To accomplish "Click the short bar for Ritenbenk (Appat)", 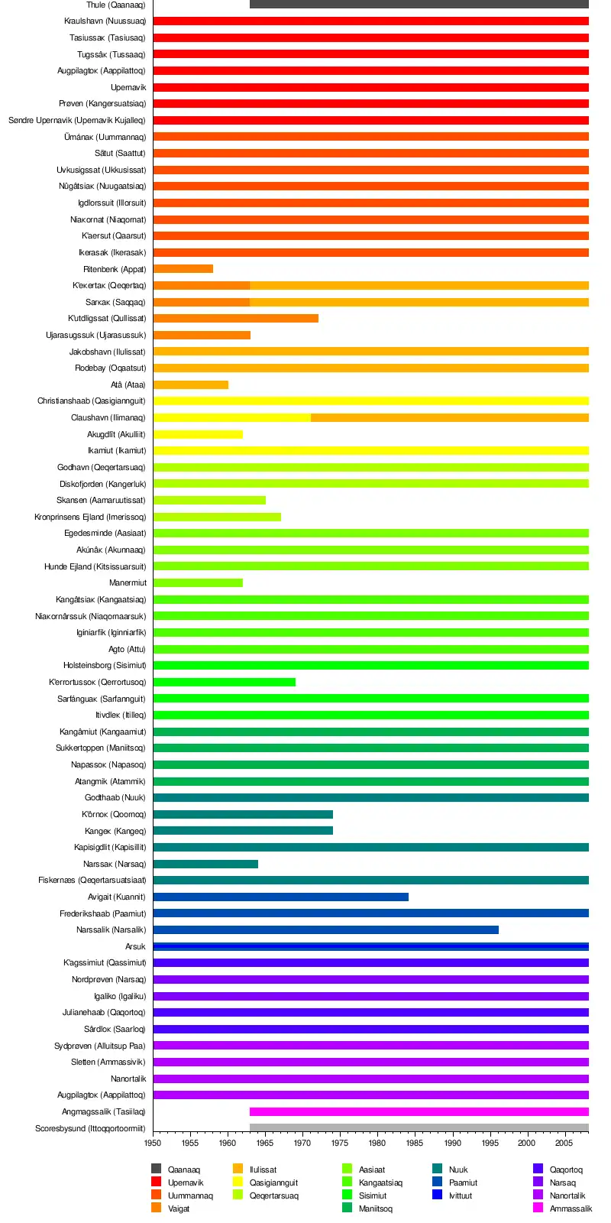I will (x=183, y=269).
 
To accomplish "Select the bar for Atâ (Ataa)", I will (x=191, y=384).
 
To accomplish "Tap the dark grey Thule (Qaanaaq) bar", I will (x=419, y=5).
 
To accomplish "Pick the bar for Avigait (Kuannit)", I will (x=280, y=897).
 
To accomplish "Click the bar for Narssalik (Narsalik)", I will (x=325, y=929).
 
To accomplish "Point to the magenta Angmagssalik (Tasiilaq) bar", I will (x=419, y=1111).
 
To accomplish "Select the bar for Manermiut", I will (x=198, y=582).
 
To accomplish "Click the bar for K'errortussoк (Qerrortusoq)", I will (x=224, y=682).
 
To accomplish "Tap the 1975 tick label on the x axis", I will (x=340, y=1143).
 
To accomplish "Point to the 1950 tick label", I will (x=153, y=1143).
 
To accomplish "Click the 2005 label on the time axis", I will (x=564, y=1143).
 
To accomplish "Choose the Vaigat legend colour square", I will (x=157, y=1208).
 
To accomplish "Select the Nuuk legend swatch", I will (x=438, y=1169).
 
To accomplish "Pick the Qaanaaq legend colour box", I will (x=157, y=1169).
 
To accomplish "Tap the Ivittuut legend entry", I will (x=460, y=1195).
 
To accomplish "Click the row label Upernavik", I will (x=128, y=87).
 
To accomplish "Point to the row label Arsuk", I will (x=135, y=946).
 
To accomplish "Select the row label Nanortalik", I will (x=128, y=1079).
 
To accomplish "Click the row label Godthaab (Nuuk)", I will (x=115, y=797).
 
